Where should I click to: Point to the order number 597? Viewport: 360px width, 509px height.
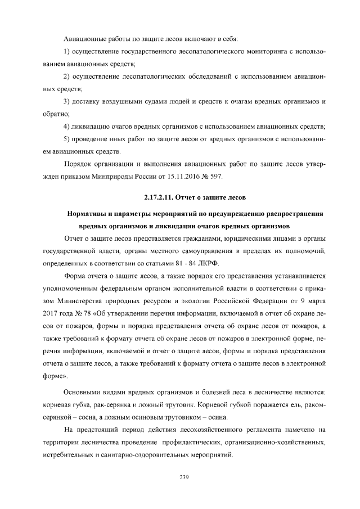(x=215, y=177)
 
